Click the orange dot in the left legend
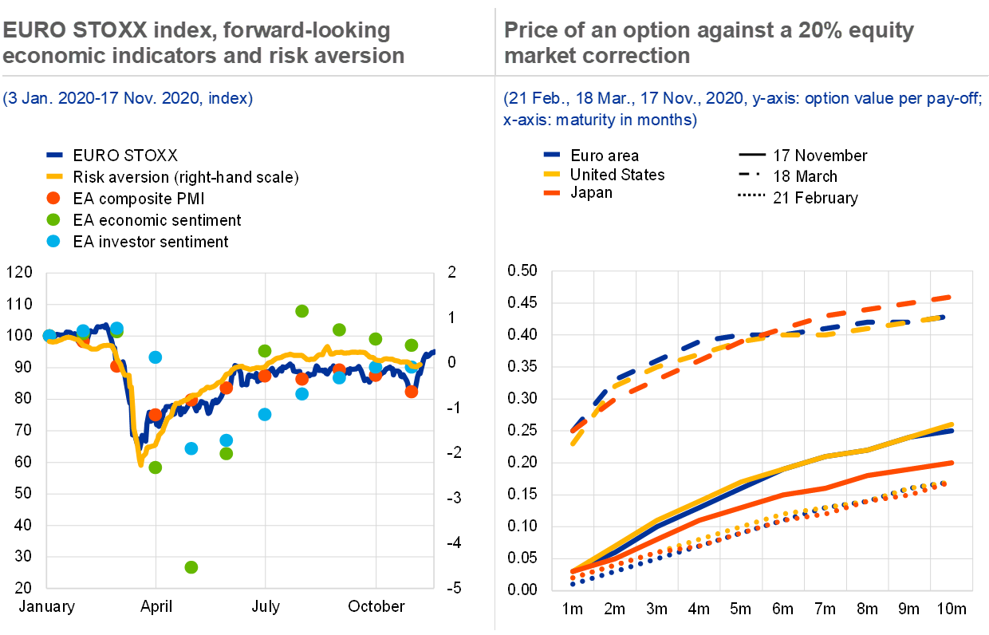coord(53,198)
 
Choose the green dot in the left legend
coord(53,219)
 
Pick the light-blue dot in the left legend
coord(53,241)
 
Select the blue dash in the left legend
coord(54,155)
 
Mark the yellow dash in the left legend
coord(54,176)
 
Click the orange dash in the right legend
coord(551,192)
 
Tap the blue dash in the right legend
coord(551,154)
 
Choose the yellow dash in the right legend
coord(551,173)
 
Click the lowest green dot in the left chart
coord(191,567)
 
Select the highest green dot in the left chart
coord(301,311)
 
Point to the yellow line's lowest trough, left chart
coord(141,464)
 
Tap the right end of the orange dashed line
coord(949,298)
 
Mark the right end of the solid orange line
coord(952,462)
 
